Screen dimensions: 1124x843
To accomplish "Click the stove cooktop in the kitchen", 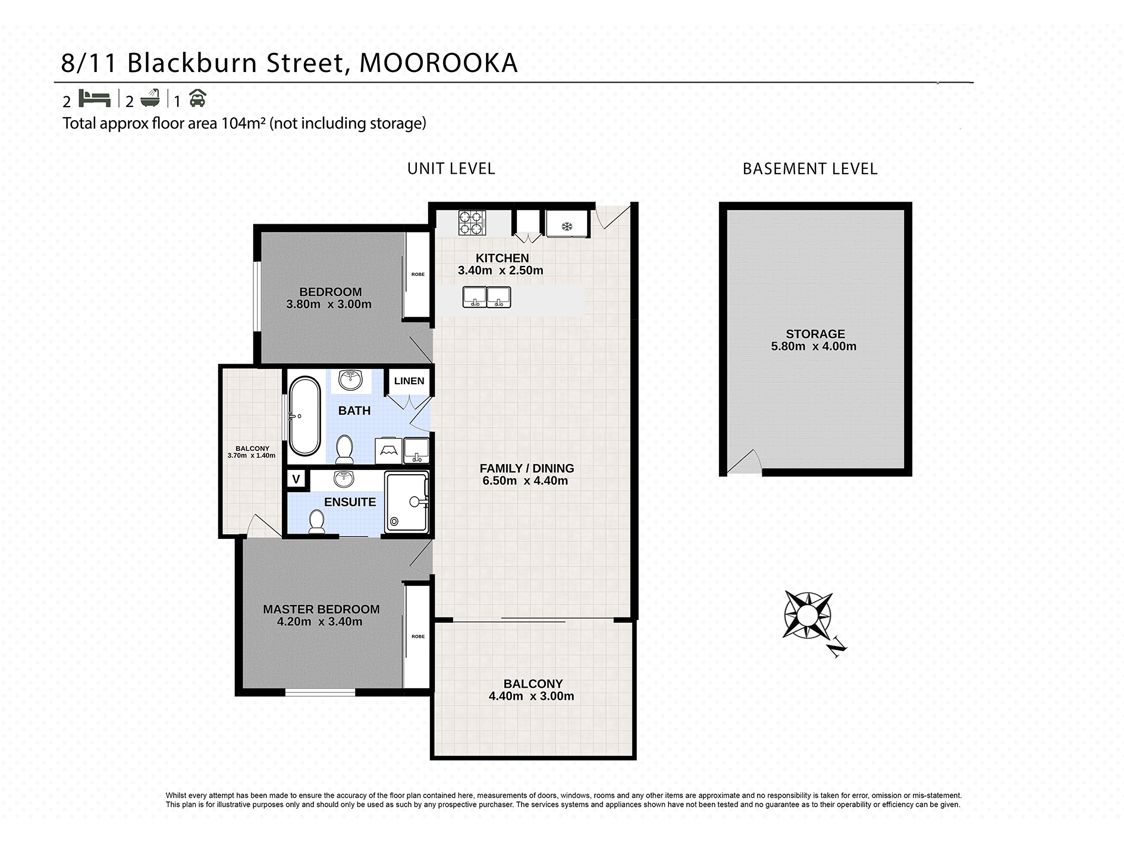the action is pos(472,224).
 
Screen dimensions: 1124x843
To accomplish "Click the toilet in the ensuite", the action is pos(316,522).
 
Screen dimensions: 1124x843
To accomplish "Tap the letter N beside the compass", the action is pos(838,647).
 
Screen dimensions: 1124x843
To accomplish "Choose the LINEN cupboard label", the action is pos(409,381).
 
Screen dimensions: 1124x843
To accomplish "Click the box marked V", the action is pos(296,479).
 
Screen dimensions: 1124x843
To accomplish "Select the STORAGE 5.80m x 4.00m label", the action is pos(814,340).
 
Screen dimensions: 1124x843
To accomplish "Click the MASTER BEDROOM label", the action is pos(321,609).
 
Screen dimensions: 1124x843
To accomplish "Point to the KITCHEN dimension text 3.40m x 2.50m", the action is pos(500,270).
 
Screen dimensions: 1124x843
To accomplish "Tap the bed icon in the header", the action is pos(95,98).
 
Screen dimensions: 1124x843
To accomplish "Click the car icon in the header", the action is pos(197,99).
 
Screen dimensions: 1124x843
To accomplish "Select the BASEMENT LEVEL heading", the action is pos(810,169).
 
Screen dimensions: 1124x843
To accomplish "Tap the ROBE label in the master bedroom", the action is pos(418,637).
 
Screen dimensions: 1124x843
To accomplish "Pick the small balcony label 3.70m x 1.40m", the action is pos(252,452).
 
